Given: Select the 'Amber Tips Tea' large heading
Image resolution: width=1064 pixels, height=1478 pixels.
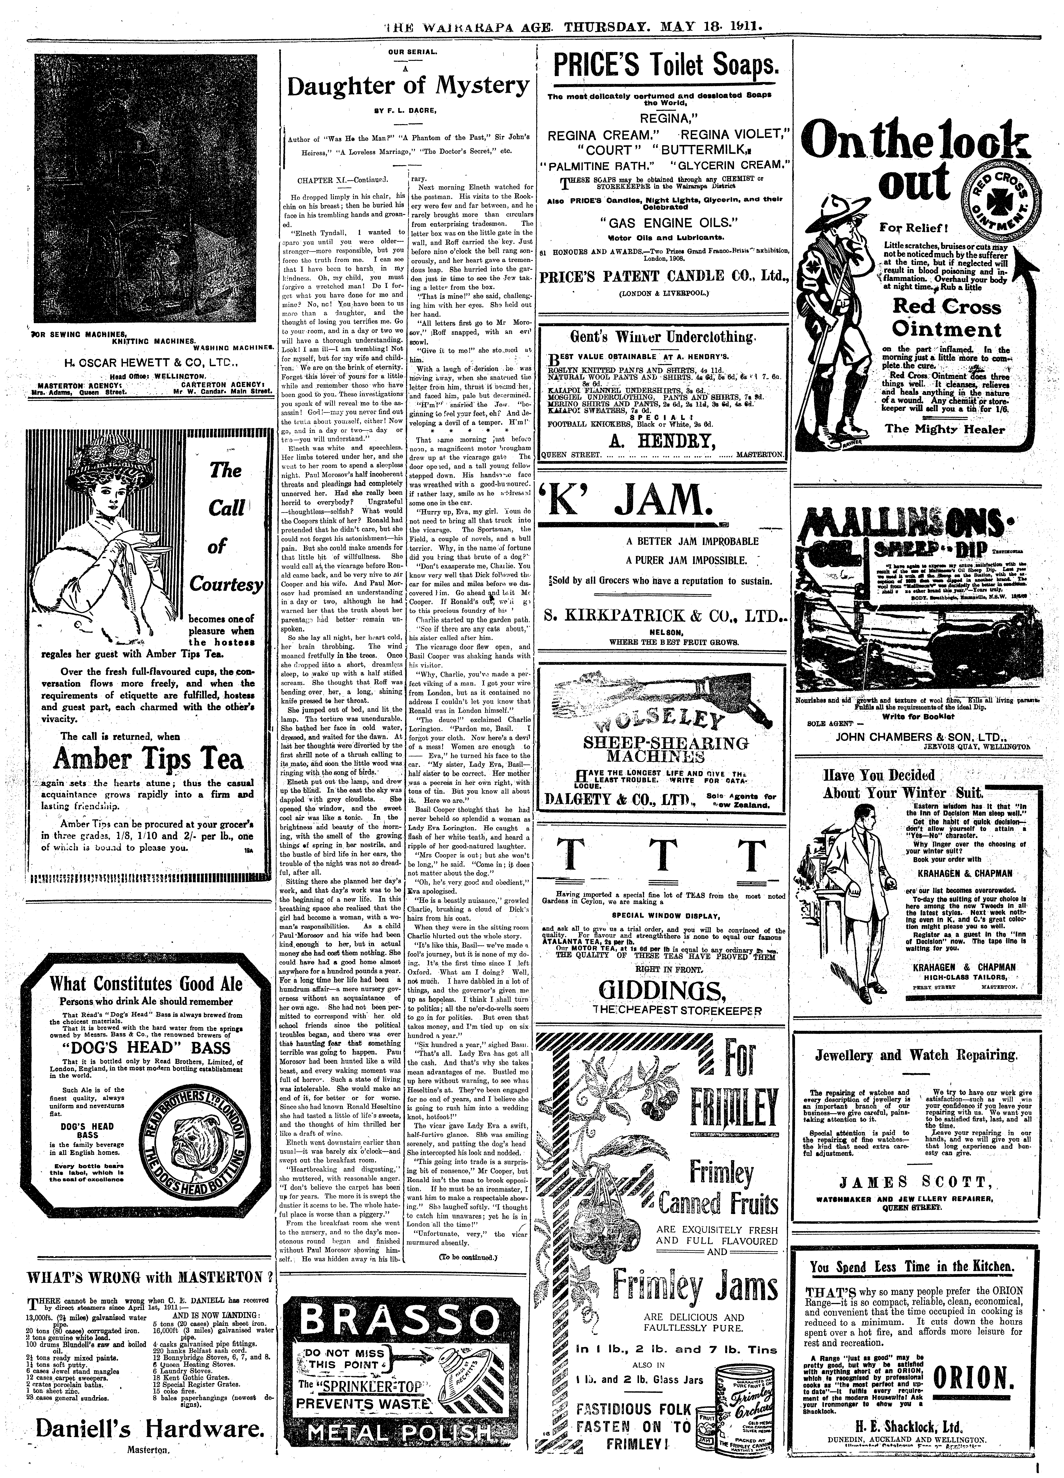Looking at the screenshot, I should click(149, 758).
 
